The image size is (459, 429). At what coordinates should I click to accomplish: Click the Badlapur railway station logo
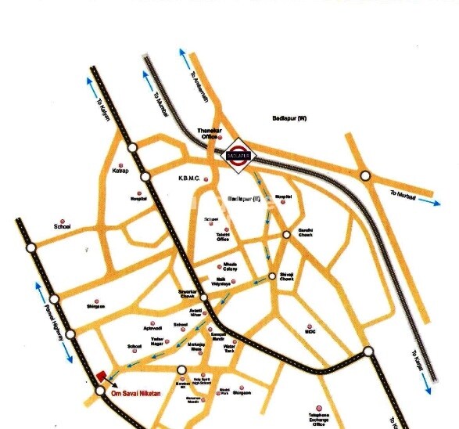pyautogui.click(x=235, y=153)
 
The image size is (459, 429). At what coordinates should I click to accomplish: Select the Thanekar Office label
pyautogui.click(x=208, y=134)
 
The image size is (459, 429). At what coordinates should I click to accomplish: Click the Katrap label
pyautogui.click(x=120, y=169)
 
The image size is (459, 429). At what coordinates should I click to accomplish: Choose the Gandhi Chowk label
pyautogui.click(x=305, y=233)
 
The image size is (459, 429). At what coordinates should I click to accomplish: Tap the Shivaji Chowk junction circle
pyautogui.click(x=272, y=276)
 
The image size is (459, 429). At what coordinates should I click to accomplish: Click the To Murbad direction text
pyautogui.click(x=404, y=196)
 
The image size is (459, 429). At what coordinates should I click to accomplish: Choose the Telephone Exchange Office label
pyautogui.click(x=317, y=421)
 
